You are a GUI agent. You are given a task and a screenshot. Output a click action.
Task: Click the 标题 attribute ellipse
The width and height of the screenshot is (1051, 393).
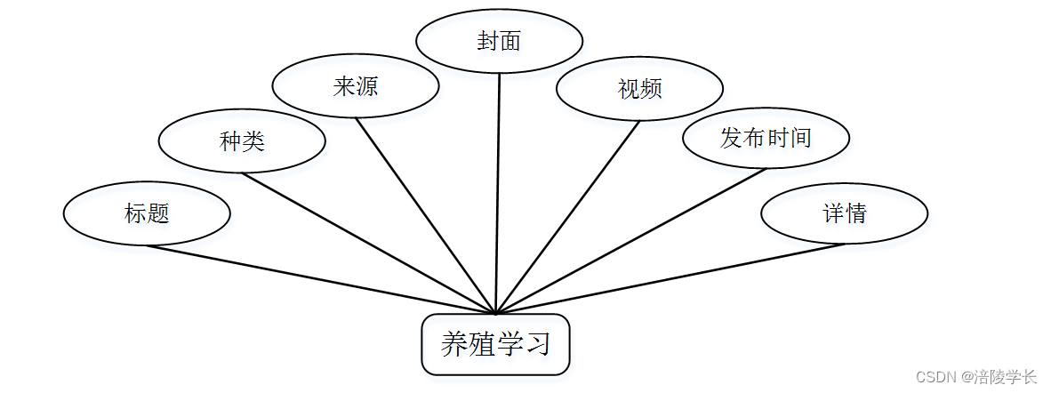click(x=147, y=213)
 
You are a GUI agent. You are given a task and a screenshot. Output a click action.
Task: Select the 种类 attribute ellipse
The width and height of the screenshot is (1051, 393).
click(x=241, y=140)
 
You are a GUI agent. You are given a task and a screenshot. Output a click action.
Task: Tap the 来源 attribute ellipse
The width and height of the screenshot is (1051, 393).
click(x=355, y=86)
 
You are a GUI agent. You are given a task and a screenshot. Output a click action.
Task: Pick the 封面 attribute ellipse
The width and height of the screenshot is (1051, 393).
click(x=499, y=41)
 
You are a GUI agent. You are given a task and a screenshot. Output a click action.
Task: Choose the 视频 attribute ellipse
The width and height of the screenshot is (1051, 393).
click(x=639, y=88)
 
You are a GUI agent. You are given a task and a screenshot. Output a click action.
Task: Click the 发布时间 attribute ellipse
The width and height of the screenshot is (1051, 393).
click(x=766, y=137)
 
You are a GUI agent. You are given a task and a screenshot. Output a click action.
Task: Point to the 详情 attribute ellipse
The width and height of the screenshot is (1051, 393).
click(x=844, y=213)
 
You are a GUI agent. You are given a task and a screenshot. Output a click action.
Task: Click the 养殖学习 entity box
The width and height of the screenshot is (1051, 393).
click(x=494, y=344)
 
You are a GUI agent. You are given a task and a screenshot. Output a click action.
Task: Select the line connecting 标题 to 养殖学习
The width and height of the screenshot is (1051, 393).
click(x=320, y=279)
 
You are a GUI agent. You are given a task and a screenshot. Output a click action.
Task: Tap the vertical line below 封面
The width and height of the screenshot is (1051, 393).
click(x=497, y=191)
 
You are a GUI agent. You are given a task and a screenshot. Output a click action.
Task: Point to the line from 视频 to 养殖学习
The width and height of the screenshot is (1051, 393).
click(x=567, y=216)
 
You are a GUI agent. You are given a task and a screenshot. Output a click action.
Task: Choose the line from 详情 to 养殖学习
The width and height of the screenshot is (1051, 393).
click(x=669, y=278)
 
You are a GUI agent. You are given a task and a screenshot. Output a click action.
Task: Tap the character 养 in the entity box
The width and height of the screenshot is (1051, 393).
click(x=454, y=344)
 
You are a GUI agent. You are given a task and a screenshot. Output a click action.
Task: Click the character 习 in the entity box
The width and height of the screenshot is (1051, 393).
click(x=537, y=344)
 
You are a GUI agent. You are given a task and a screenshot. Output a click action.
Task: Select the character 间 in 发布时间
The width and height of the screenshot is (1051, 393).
click(x=800, y=138)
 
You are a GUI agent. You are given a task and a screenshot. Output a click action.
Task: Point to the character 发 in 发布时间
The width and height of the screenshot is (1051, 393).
click(x=732, y=138)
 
